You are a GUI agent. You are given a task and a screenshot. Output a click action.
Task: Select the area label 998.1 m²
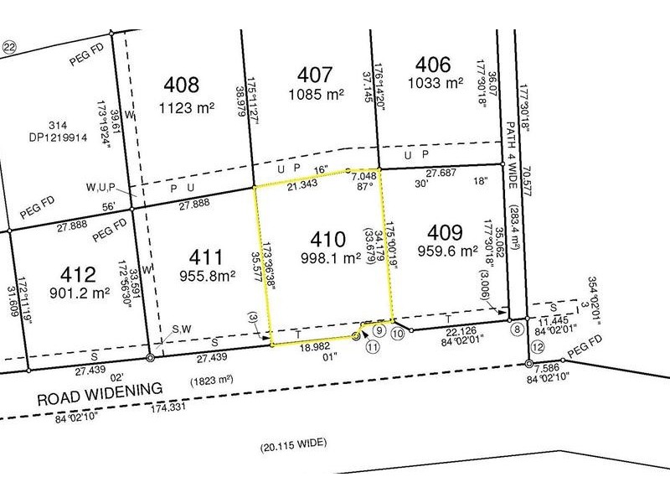click(327, 259)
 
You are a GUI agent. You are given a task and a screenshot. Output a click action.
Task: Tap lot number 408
click(183, 86)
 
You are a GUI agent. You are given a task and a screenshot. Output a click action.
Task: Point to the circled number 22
click(10, 48)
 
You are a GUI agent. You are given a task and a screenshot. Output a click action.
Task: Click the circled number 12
click(537, 347)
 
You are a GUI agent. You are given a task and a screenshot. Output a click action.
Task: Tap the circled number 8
click(518, 329)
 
